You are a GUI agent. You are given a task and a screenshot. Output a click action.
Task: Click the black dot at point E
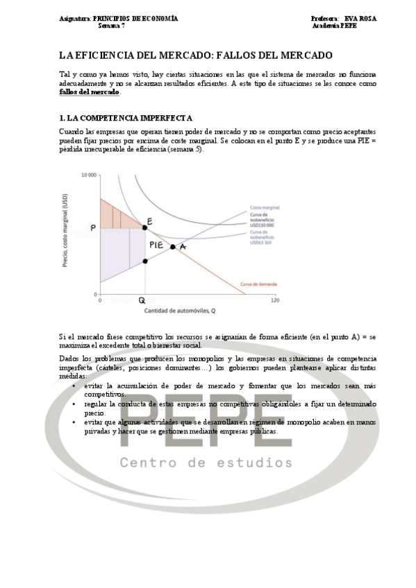coord(144,227)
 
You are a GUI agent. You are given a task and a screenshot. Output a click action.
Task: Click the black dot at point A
coord(173,247)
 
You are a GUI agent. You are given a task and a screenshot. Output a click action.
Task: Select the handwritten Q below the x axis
coord(142,300)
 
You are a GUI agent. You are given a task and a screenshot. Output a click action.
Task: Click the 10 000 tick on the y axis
coord(88,175)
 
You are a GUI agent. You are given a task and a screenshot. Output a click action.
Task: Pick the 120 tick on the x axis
coord(274,300)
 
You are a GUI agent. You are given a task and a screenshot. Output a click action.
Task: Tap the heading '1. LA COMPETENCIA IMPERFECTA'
coord(126,119)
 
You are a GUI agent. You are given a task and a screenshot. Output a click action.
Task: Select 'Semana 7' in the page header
coord(112,26)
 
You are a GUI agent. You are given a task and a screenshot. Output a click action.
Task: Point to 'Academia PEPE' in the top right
coord(334,26)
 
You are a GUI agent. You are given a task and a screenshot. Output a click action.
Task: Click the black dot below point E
coord(144,261)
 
